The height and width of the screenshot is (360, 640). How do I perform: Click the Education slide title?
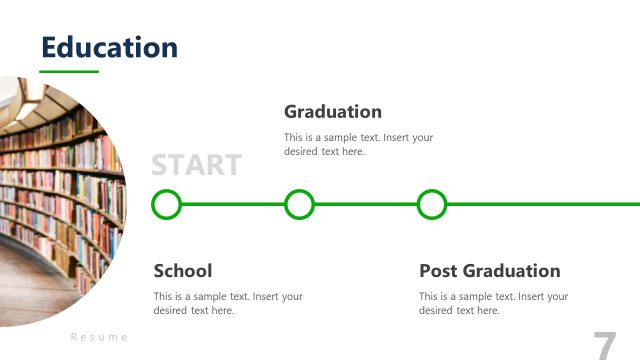click(109, 47)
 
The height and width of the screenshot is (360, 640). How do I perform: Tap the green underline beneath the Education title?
click(69, 72)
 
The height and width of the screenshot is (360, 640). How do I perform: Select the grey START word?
click(196, 165)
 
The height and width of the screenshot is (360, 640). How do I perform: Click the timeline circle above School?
click(166, 204)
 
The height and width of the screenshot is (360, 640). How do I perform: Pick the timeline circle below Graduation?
click(299, 204)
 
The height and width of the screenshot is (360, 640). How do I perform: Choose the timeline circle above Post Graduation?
click(431, 204)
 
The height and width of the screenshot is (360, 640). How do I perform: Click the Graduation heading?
click(333, 111)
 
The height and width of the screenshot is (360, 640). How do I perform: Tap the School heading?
click(183, 270)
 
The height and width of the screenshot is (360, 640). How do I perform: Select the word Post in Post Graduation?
click(438, 270)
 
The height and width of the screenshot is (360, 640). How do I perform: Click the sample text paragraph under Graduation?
click(358, 145)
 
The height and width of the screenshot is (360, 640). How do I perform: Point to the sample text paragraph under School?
click(227, 303)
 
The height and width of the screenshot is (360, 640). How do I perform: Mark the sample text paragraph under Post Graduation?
click(492, 303)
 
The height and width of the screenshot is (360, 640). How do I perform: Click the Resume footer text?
click(99, 337)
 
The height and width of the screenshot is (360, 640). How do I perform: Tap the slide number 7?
click(605, 345)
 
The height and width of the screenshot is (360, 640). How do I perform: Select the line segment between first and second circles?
click(232, 204)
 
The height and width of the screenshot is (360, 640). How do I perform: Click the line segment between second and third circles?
click(365, 204)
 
